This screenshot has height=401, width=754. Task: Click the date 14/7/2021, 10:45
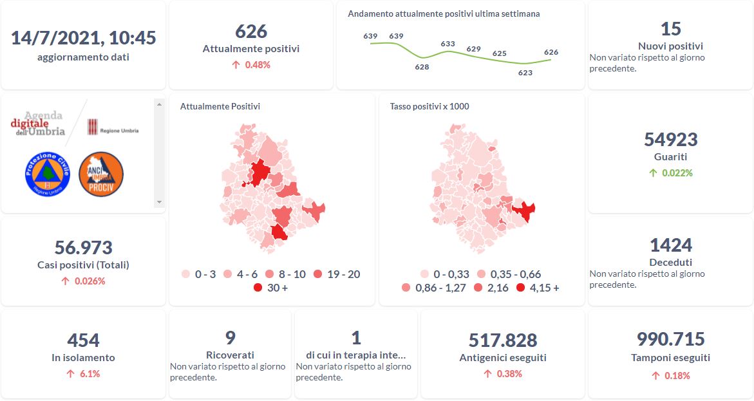pyautogui.click(x=84, y=38)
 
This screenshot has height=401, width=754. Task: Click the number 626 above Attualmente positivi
pyautogui.click(x=251, y=32)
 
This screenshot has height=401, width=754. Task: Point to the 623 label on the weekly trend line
pyautogui.click(x=525, y=73)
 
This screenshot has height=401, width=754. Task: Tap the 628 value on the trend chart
pyautogui.click(x=422, y=67)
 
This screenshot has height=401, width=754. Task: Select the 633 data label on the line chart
pyautogui.click(x=448, y=44)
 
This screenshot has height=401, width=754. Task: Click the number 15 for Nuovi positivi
pyautogui.click(x=670, y=29)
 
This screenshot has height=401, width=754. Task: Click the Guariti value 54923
pyautogui.click(x=670, y=140)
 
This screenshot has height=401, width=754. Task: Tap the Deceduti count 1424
pyautogui.click(x=670, y=245)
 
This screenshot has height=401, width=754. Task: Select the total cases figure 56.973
pyautogui.click(x=84, y=248)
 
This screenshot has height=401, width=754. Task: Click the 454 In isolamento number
pyautogui.click(x=84, y=340)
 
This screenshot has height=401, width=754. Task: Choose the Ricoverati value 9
pyautogui.click(x=231, y=338)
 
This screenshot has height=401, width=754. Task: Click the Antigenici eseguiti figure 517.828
pyautogui.click(x=503, y=340)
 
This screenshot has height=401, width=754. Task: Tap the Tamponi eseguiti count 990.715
pyautogui.click(x=670, y=339)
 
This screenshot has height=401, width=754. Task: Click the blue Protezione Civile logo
pyautogui.click(x=47, y=174)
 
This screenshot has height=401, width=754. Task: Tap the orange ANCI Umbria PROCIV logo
pyautogui.click(x=101, y=174)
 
